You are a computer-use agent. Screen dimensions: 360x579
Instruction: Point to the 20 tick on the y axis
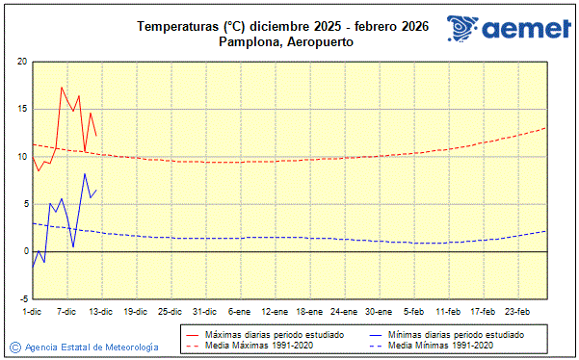[x=22, y=62]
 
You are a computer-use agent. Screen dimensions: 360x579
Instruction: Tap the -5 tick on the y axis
[x=22, y=298]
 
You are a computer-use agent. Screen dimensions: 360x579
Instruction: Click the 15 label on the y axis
[x=22, y=109]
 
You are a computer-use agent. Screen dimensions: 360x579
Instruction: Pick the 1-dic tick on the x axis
[x=32, y=312]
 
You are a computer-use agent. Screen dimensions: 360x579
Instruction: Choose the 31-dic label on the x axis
[x=204, y=312]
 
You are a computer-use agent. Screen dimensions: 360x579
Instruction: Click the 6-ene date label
[x=239, y=312]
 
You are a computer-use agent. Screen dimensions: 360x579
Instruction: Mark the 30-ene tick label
[x=379, y=312]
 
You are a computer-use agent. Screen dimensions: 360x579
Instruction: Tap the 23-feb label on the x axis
[x=518, y=312]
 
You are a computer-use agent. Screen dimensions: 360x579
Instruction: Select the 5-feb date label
[x=414, y=312]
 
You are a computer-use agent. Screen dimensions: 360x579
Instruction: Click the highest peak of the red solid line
[x=62, y=88]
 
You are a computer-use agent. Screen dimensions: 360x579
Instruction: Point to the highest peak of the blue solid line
[x=85, y=174]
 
